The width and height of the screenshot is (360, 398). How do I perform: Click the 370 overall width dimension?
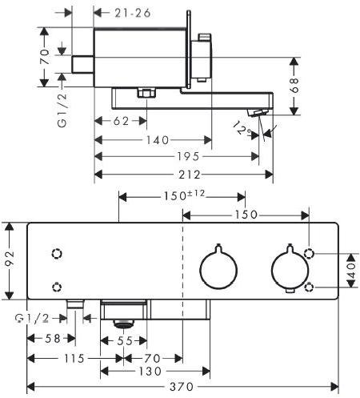(x=181, y=387)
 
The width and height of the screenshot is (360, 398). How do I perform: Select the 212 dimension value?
(x=190, y=175)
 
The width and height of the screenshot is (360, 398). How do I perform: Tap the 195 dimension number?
(x=188, y=157)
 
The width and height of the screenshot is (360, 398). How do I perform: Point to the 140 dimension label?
(x=158, y=140)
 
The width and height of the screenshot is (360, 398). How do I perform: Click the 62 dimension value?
(x=122, y=121)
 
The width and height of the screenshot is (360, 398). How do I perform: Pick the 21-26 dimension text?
(x=133, y=13)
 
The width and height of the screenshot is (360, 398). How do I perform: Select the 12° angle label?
(x=242, y=129)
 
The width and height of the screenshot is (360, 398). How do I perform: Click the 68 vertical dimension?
(x=294, y=85)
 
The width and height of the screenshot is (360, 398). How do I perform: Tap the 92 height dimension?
(x=10, y=259)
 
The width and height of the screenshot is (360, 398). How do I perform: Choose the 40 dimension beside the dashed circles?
(x=352, y=271)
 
